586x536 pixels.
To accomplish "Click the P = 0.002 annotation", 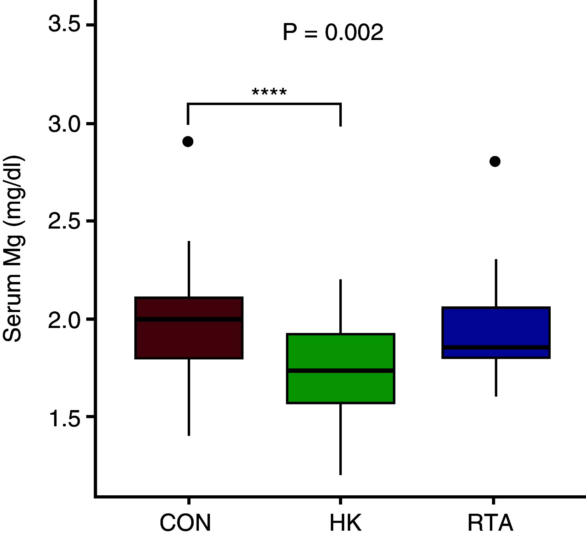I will point(333,33).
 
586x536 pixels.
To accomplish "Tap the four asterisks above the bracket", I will point(269,93).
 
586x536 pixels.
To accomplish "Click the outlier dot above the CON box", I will point(188,142).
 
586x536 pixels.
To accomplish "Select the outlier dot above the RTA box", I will point(495,161).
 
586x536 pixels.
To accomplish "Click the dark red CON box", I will point(189,340).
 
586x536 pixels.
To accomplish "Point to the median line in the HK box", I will point(340,370).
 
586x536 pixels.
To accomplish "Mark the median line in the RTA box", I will point(496,347).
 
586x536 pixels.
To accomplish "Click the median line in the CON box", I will point(189,319).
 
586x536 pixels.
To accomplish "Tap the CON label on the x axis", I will point(185,523).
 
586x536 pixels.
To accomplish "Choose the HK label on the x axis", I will point(345,523).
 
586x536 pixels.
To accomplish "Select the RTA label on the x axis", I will point(490,523).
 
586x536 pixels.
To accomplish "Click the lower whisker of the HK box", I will point(340,439).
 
